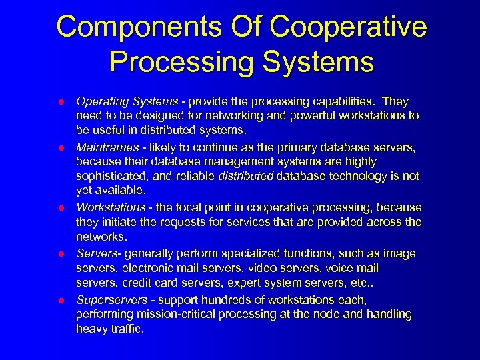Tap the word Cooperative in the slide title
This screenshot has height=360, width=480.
click(x=351, y=27)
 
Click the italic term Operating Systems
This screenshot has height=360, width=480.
click(x=127, y=101)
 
